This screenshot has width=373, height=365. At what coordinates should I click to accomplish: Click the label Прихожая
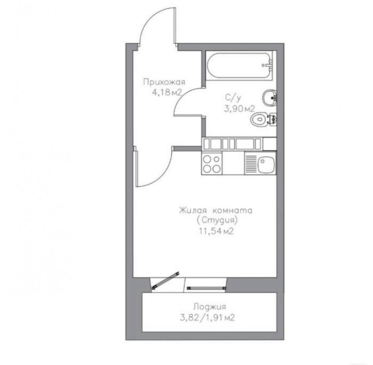[x=164, y=82]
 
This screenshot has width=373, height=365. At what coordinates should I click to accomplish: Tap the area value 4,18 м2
[x=167, y=92]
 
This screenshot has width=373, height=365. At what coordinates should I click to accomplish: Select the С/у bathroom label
[x=233, y=98]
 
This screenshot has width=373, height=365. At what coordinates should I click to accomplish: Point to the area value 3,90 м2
[x=239, y=109]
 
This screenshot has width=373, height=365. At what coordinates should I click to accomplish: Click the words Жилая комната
[x=216, y=211]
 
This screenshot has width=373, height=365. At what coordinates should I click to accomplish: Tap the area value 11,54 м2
[x=216, y=231]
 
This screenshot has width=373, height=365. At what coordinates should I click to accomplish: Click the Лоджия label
[x=209, y=307]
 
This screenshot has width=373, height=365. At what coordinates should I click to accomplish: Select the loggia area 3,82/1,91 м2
[x=207, y=318]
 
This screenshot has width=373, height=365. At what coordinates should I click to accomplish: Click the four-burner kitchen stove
[x=212, y=163]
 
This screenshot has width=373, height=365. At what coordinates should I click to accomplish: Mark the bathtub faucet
[x=269, y=65]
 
